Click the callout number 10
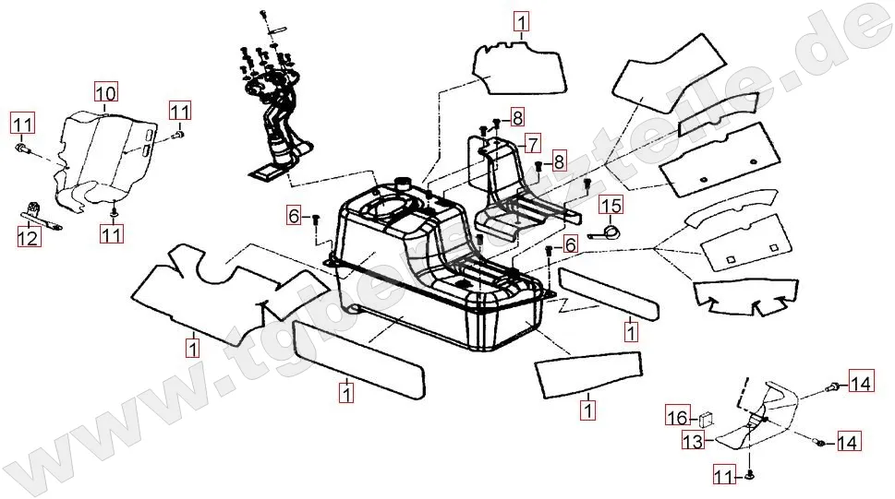(105, 92)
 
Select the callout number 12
(28, 239)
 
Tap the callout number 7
(531, 143)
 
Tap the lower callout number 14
(847, 443)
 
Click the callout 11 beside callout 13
(723, 476)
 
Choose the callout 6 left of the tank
(294, 217)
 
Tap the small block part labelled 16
(709, 415)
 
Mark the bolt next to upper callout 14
(834, 385)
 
